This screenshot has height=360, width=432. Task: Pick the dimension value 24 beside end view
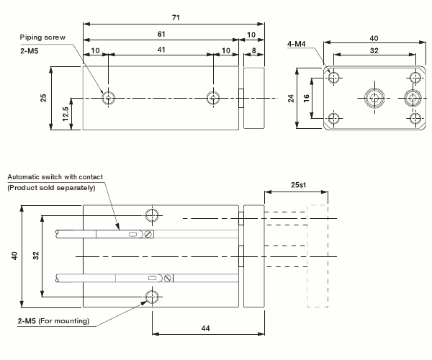tap(292, 98)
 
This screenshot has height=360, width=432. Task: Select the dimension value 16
tap(306, 98)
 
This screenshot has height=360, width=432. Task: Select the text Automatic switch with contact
tap(55, 177)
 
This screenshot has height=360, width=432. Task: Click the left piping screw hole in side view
tap(108, 97)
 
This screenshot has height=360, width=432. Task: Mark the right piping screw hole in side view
tap(212, 97)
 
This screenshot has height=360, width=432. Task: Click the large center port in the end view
tap(374, 98)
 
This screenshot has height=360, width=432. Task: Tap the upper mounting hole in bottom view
tap(153, 215)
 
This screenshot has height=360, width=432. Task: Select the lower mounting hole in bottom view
tap(153, 297)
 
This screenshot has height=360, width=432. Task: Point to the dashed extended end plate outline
tap(318, 256)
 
